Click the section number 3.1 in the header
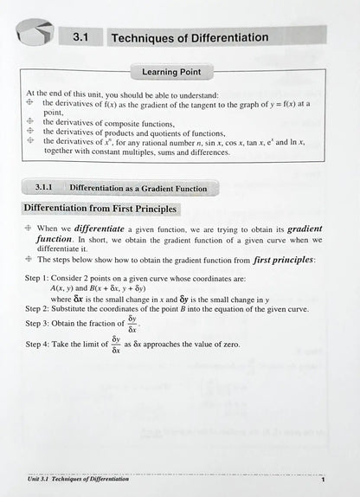81,37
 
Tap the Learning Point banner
180,74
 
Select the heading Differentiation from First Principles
100,209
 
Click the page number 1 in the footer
323,479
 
